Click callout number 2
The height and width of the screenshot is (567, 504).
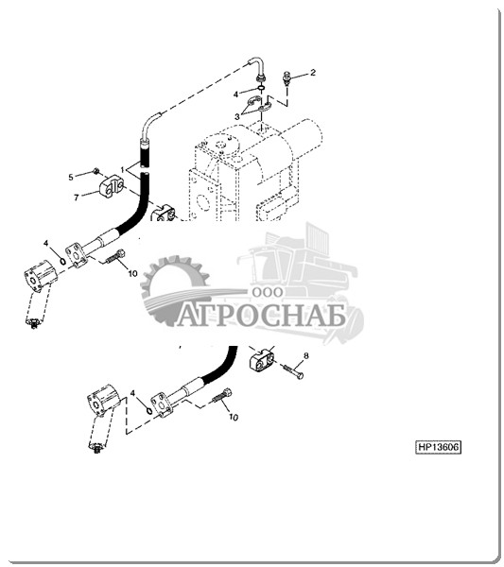tap(313, 73)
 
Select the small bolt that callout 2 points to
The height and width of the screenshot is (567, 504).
tap(287, 77)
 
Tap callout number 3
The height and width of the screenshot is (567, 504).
tap(237, 117)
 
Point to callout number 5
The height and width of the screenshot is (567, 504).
tap(71, 177)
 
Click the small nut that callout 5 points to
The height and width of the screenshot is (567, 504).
tap(96, 170)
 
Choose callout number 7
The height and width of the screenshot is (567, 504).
tap(77, 198)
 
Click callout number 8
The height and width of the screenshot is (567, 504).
tap(306, 356)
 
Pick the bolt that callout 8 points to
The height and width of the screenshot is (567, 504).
tap(293, 371)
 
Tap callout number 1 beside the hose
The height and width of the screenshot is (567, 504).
tap(123, 169)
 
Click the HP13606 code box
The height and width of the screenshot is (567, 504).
tap(438, 447)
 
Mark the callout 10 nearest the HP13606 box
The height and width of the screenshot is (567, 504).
tap(234, 418)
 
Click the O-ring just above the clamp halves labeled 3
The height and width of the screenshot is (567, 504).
tap(261, 88)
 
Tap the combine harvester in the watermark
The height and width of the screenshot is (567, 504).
tap(301, 275)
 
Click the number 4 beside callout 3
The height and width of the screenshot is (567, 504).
tap(235, 94)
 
